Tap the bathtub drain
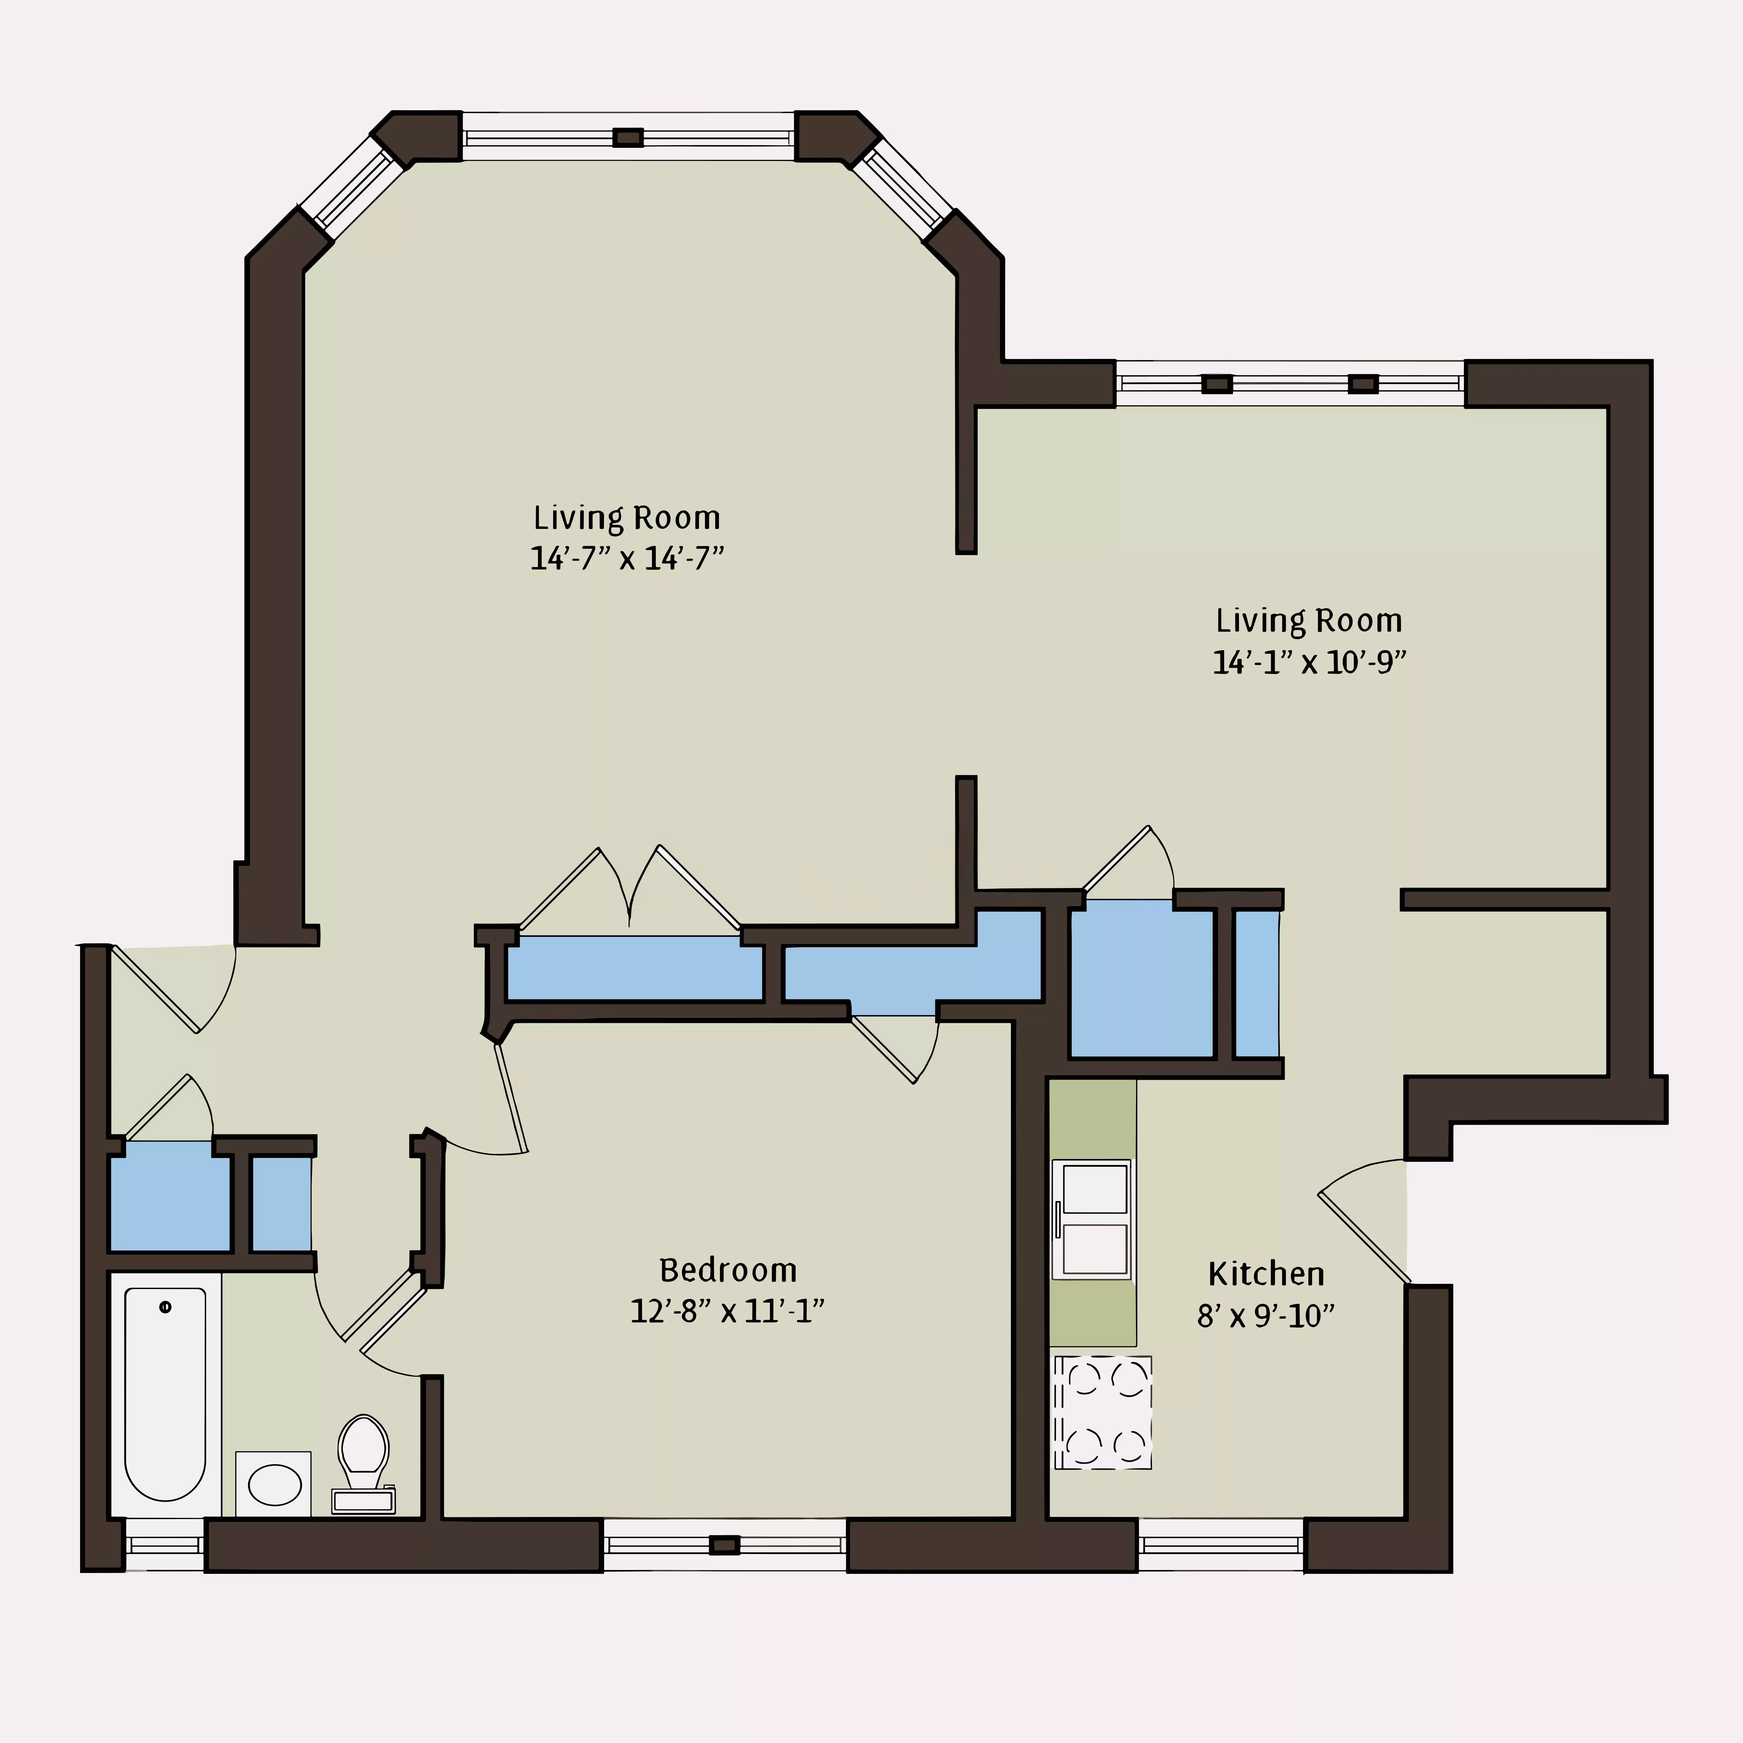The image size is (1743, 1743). (x=165, y=1307)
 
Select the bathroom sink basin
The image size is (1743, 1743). (x=274, y=1485)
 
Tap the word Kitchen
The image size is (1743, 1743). (x=1266, y=1275)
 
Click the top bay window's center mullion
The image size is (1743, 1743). (x=628, y=137)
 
